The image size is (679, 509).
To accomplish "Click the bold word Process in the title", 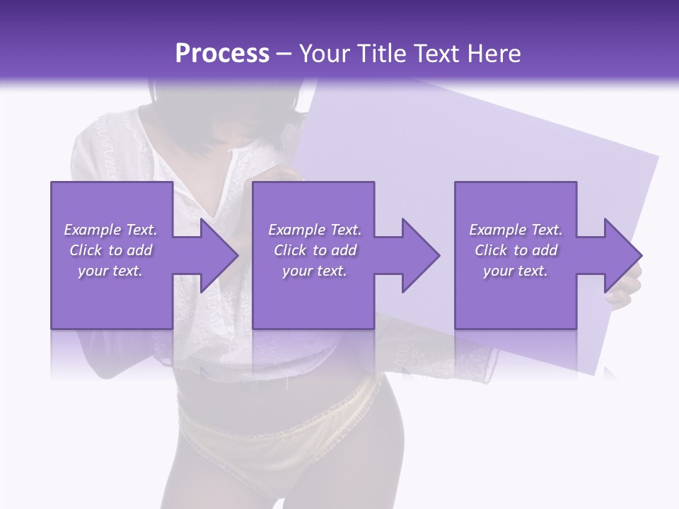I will pyautogui.click(x=222, y=54).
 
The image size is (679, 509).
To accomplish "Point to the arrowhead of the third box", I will pyautogui.click(x=622, y=255).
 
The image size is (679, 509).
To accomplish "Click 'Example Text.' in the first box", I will pyautogui.click(x=110, y=230).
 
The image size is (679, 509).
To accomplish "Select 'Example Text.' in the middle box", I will pyautogui.click(x=314, y=230).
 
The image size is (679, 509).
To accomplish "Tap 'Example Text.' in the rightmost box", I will pyautogui.click(x=516, y=230).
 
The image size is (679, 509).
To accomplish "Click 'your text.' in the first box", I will pyautogui.click(x=110, y=271).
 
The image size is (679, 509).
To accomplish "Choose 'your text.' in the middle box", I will pyautogui.click(x=314, y=271).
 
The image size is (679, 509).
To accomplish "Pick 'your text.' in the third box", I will pyautogui.click(x=516, y=271).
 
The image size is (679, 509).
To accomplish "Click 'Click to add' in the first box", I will pyautogui.click(x=110, y=250).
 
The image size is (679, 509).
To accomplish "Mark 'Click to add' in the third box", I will pyautogui.click(x=516, y=250).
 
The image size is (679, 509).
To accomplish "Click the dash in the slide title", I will pyautogui.click(x=284, y=54).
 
